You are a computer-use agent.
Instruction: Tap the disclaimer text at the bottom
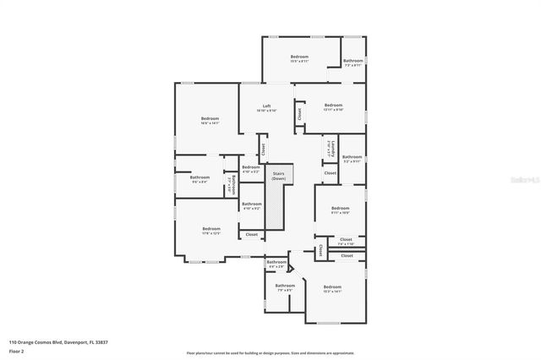tap(270, 353)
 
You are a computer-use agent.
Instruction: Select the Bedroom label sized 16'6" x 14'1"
tap(210, 120)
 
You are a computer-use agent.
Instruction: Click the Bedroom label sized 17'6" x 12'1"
tap(210, 231)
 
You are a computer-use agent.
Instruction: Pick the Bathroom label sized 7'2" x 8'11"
tap(352, 63)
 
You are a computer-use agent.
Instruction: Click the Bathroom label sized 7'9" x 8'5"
tap(285, 287)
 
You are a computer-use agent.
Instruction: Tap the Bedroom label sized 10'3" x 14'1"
tap(333, 289)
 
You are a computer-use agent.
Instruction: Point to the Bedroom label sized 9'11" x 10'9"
tap(340, 210)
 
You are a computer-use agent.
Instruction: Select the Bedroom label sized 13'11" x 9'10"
tap(333, 107)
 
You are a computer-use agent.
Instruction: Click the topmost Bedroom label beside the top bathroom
tap(299, 58)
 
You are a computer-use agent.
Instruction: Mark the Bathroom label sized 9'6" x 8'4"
tap(199, 179)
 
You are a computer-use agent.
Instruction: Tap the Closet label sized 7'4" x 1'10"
tap(346, 242)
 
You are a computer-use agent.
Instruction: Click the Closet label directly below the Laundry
tap(330, 173)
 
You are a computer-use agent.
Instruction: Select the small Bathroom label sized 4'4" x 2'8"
tap(276, 265)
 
